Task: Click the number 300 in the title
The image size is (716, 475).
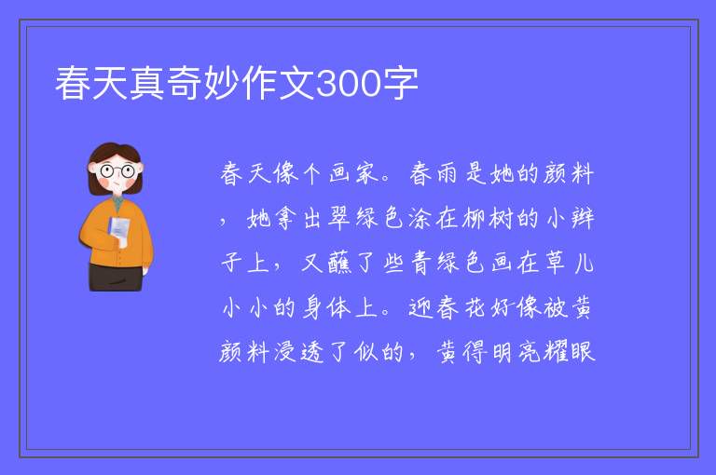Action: (349, 84)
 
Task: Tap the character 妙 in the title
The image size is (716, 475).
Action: (223, 83)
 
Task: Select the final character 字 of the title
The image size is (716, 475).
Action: (400, 83)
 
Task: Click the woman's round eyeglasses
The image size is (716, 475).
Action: (117, 171)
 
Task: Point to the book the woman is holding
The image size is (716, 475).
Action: (118, 230)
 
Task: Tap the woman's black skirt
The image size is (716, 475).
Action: (116, 277)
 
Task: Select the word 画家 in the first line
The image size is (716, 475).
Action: (354, 173)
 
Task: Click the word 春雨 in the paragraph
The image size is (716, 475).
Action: (433, 173)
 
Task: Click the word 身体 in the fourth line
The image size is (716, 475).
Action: (326, 307)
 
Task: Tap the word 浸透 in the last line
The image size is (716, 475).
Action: (299, 352)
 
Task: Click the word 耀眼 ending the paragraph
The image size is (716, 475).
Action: (570, 352)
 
